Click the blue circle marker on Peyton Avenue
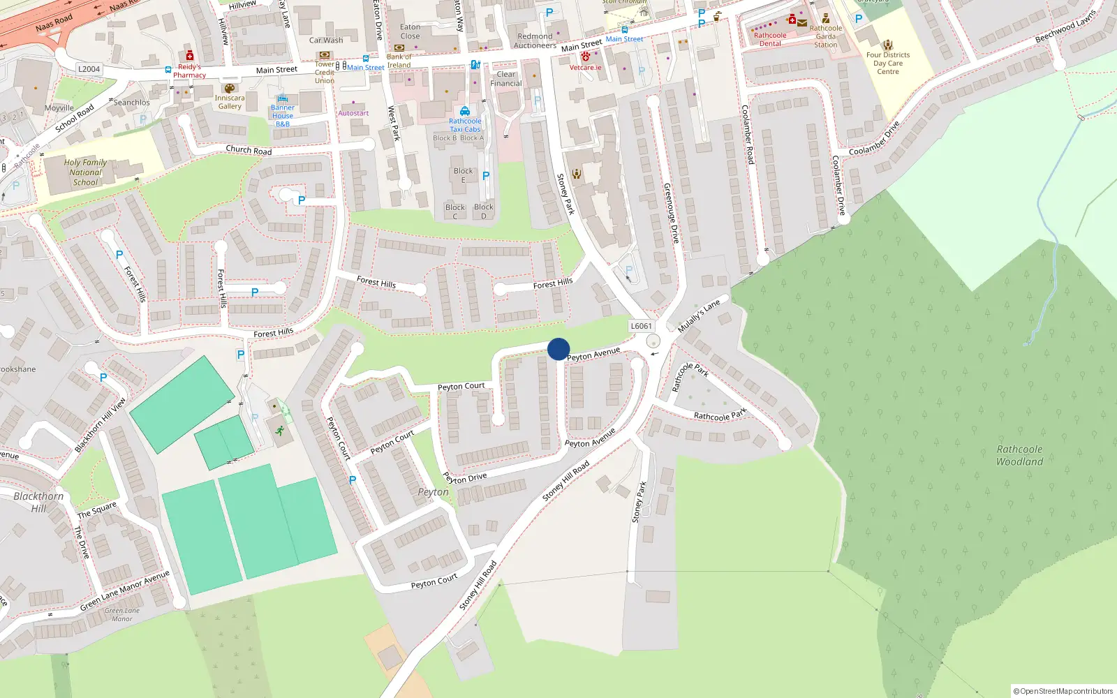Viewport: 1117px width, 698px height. coord(558,349)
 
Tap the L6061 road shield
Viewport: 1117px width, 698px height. coord(641,326)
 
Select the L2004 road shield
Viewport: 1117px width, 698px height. coord(89,69)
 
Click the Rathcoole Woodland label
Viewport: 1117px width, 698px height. coord(1019,455)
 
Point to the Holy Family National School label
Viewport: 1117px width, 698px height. coord(85,172)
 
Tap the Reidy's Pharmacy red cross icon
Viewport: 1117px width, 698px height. coord(189,56)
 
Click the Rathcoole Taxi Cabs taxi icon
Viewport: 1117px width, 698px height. coord(465,112)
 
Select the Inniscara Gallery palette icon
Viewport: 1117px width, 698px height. coord(229,89)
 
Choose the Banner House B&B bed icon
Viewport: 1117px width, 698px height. coord(282,99)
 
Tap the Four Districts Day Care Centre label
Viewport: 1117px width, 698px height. coord(888,63)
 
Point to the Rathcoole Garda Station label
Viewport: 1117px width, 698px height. coord(826,36)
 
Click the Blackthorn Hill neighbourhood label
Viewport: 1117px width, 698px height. coord(38,502)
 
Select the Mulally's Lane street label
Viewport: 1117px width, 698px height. coord(698,316)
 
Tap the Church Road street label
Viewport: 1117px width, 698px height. coord(249,150)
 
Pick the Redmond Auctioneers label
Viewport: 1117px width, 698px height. coord(535,40)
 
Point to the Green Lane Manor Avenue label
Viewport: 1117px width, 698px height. coord(124,591)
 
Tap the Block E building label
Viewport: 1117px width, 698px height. coord(463,175)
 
